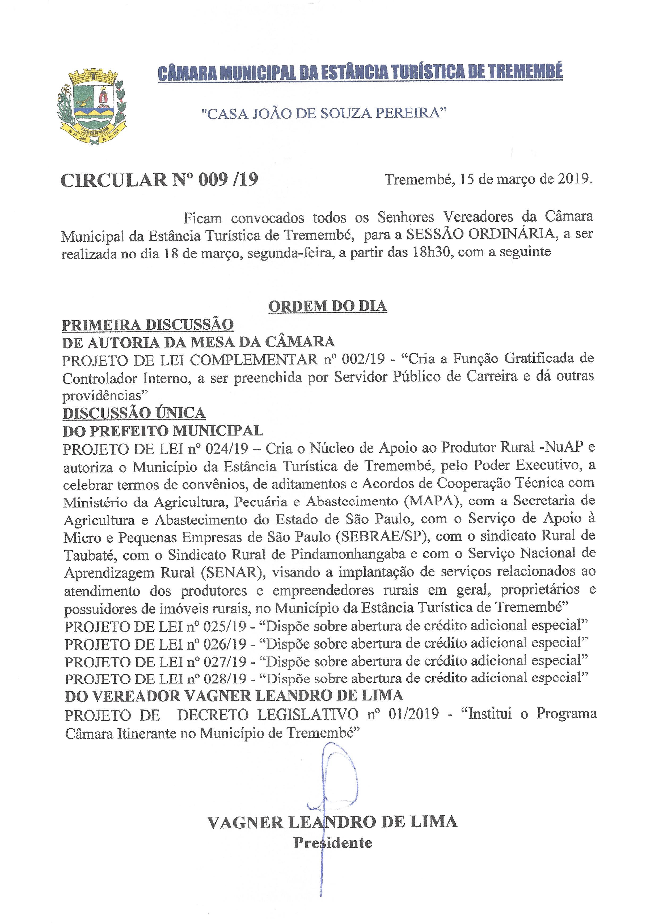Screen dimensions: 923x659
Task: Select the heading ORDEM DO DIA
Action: (x=327, y=306)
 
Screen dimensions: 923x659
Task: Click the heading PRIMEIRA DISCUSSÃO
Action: (x=148, y=324)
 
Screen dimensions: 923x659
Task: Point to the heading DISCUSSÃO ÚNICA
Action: (x=134, y=413)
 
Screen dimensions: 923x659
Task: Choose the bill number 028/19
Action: (x=230, y=678)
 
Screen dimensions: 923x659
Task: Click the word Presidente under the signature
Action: (x=333, y=843)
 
